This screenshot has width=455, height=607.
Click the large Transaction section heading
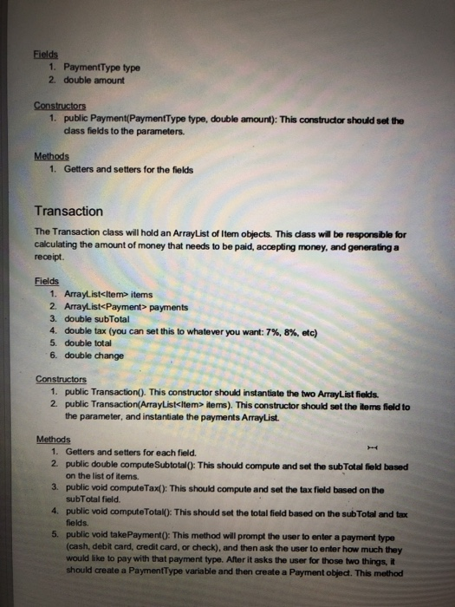coord(68,211)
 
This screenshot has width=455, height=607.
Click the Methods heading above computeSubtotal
coord(53,439)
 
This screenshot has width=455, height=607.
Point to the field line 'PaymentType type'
coord(95,67)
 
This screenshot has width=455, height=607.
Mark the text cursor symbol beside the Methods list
coord(374,447)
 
